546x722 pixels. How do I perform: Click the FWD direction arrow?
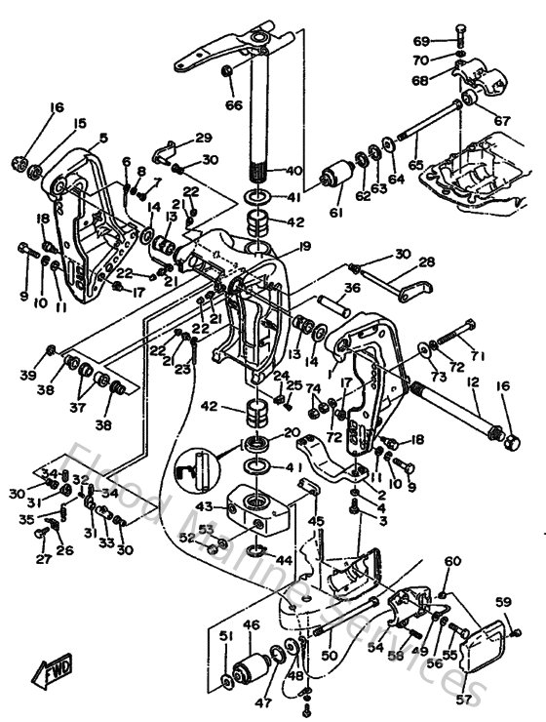(x=50, y=672)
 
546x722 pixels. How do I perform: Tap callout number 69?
(x=421, y=41)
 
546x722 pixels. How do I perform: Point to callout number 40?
(x=293, y=171)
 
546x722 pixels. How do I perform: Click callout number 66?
(x=234, y=104)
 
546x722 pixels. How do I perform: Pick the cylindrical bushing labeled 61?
(x=336, y=179)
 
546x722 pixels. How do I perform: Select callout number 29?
(x=203, y=138)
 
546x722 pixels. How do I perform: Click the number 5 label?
(x=103, y=138)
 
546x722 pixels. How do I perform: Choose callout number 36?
(x=352, y=288)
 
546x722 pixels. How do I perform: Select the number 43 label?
(x=204, y=506)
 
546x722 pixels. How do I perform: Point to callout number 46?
(x=251, y=624)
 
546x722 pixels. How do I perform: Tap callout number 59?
(x=503, y=601)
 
